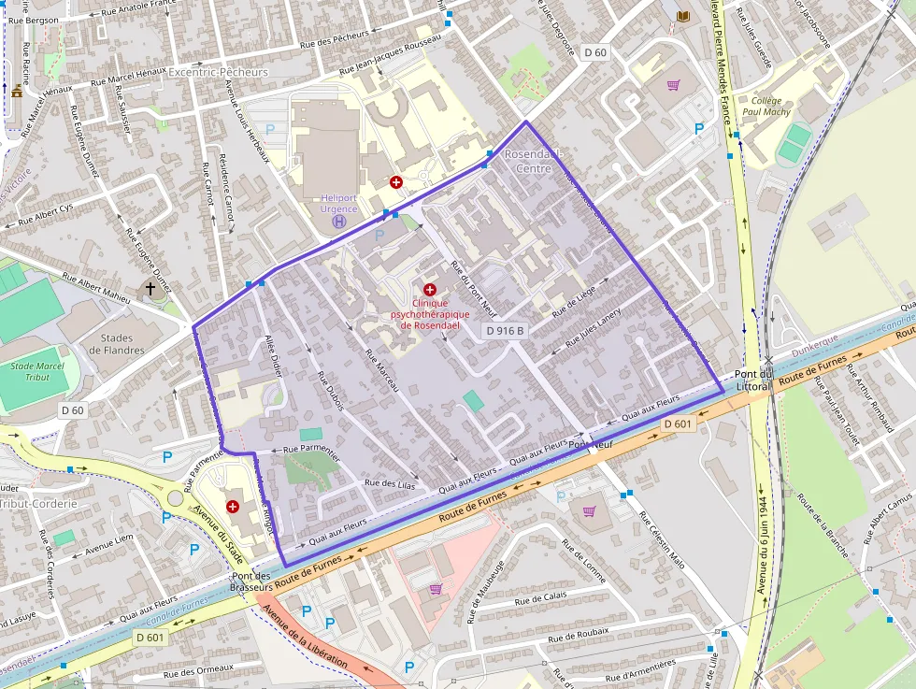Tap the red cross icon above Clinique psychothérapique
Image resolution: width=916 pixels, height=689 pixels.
[x=429, y=290]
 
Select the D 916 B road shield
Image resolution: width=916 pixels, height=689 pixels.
[x=506, y=331]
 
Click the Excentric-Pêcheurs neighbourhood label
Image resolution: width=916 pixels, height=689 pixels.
[x=218, y=72]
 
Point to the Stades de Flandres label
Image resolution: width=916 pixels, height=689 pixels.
[x=117, y=344]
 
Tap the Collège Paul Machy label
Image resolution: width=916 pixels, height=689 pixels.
[x=770, y=106]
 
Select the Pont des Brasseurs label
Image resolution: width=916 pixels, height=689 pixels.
[x=250, y=581]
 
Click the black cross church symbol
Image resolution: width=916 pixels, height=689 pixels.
[x=150, y=289]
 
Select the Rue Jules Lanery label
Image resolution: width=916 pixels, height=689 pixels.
[x=587, y=330]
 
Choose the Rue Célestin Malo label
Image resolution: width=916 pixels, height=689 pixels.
[x=662, y=540]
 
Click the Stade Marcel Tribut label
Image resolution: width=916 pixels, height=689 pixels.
[x=36, y=371]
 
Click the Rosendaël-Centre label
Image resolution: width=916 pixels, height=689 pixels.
[x=527, y=161]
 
